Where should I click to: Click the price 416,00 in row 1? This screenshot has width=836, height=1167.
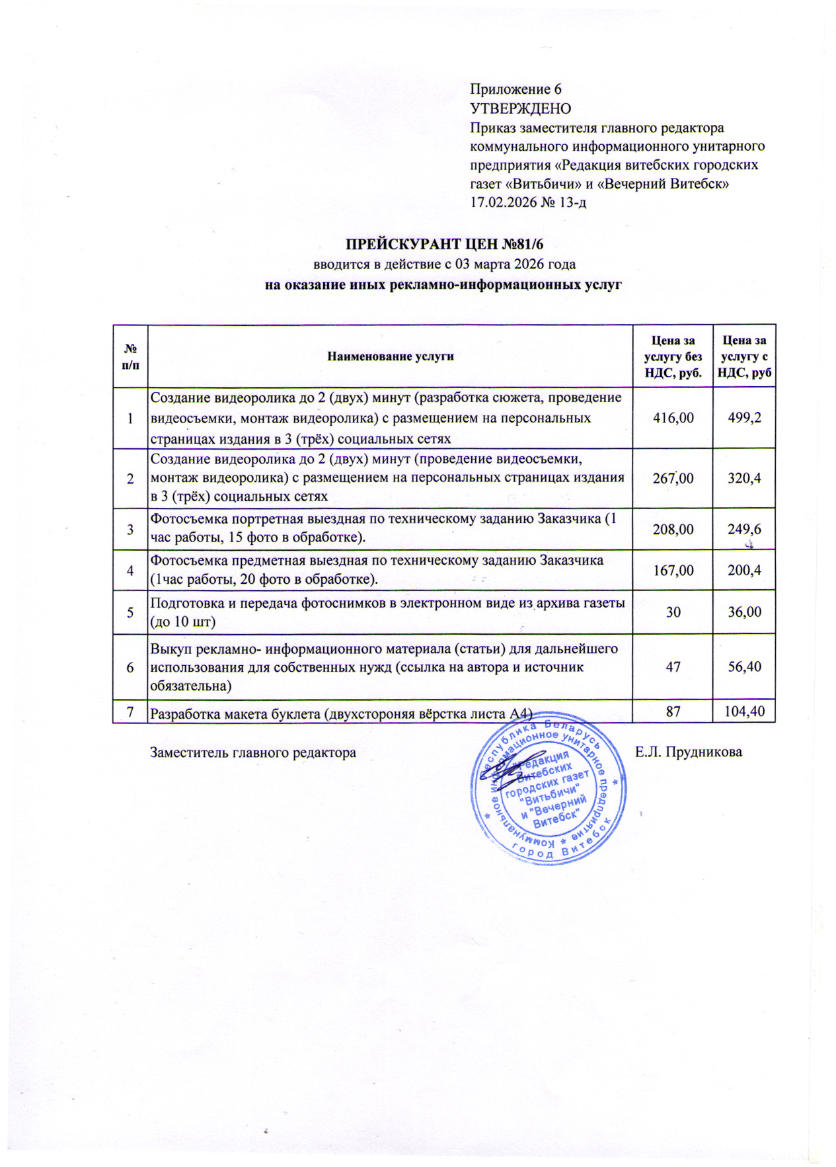click(x=673, y=418)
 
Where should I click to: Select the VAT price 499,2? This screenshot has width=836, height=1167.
click(x=744, y=418)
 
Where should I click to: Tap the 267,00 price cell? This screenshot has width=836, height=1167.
click(x=673, y=478)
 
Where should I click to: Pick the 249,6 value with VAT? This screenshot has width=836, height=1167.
click(x=744, y=529)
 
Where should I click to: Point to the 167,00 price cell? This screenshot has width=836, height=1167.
click(x=673, y=570)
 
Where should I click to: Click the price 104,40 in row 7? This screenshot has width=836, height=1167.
click(x=744, y=711)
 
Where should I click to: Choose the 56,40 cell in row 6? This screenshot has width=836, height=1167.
click(x=744, y=666)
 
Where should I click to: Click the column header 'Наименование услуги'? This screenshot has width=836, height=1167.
click(x=391, y=356)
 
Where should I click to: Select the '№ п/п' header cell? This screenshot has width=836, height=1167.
click(x=130, y=356)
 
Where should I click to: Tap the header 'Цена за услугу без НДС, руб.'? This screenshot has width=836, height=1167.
click(x=673, y=356)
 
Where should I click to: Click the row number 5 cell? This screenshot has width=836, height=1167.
click(x=130, y=612)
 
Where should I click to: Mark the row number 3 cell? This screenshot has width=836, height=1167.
click(x=130, y=529)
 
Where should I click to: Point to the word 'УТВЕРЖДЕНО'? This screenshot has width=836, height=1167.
click(x=520, y=108)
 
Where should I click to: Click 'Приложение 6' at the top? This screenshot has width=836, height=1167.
click(x=515, y=89)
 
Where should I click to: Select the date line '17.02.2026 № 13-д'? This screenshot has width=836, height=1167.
click(x=528, y=202)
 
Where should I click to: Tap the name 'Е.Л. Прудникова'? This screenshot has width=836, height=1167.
click(x=688, y=752)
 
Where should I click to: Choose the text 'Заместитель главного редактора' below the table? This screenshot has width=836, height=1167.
click(x=253, y=752)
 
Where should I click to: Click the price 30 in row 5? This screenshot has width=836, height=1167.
click(x=673, y=612)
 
